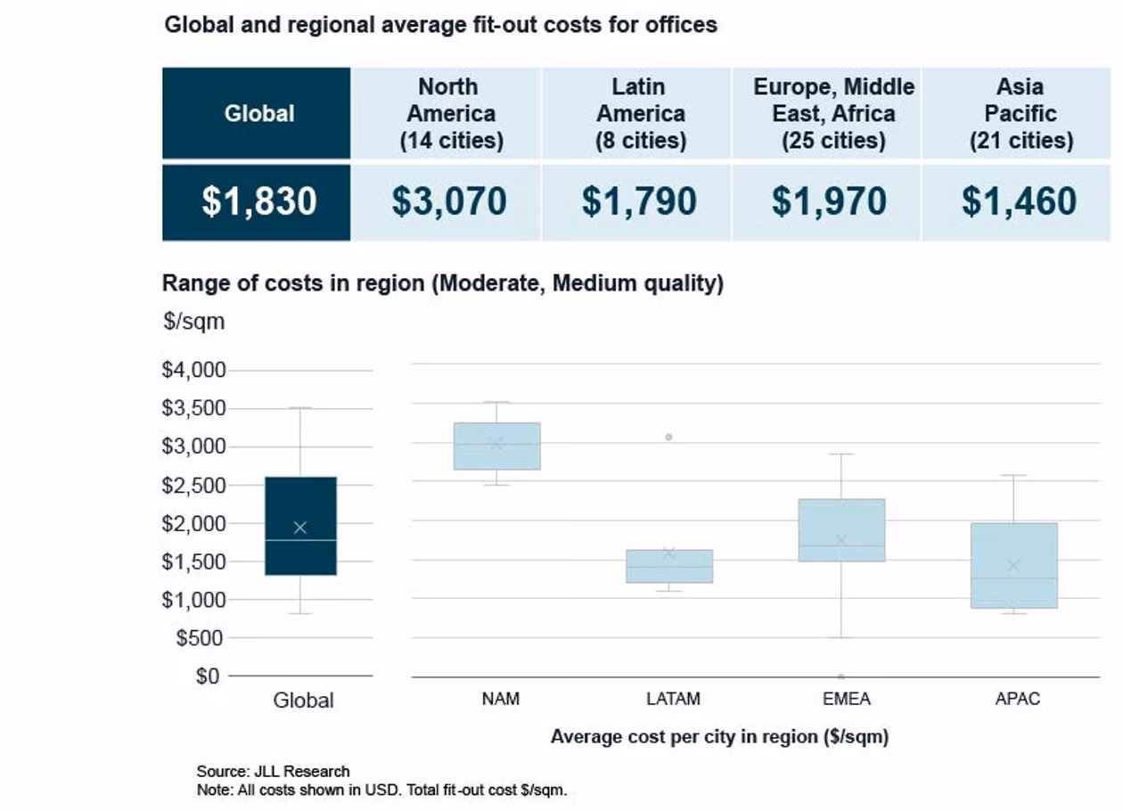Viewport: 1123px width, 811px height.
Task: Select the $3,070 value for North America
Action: tap(448, 201)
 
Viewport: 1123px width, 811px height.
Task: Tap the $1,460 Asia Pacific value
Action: tap(1019, 201)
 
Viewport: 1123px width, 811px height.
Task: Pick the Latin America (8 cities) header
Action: tap(639, 113)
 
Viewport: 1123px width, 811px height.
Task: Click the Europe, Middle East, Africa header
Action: tap(833, 113)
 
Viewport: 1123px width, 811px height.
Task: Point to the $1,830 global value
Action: tap(258, 201)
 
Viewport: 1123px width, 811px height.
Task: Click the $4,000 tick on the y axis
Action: tap(193, 370)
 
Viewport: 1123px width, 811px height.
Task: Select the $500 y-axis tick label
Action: tap(201, 638)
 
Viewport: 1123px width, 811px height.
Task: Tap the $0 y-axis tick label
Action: tap(208, 676)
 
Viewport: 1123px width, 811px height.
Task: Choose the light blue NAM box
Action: tap(496, 446)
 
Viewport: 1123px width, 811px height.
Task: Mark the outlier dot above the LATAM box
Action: tap(668, 437)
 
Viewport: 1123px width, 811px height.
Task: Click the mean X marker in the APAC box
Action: tap(1013, 566)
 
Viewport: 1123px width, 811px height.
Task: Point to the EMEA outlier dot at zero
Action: tap(840, 676)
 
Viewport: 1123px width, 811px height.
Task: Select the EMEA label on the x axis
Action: tap(846, 700)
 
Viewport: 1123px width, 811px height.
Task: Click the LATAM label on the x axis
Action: tap(673, 700)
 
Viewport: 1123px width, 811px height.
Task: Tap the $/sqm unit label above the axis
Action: tap(193, 322)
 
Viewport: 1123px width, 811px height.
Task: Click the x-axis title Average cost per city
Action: tap(719, 737)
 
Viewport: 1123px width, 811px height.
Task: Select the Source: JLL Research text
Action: tap(273, 771)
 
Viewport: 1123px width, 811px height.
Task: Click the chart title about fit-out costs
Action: tap(440, 24)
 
